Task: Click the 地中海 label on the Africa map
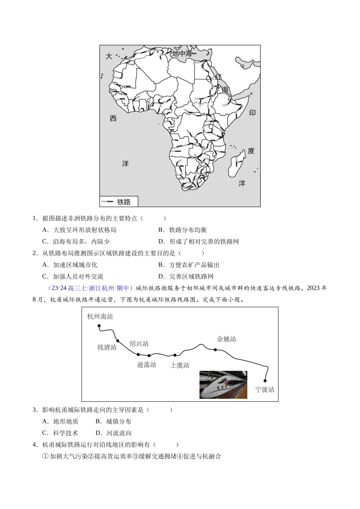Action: click(x=182, y=54)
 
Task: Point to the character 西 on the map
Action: click(x=113, y=119)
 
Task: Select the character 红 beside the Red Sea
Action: click(x=218, y=77)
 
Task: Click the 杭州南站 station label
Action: click(x=100, y=317)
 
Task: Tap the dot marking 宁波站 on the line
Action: click(x=265, y=381)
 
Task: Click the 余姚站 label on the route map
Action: click(x=226, y=339)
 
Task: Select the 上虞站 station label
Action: click(x=180, y=365)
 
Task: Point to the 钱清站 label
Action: click(x=107, y=347)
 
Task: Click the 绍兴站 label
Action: click(x=139, y=343)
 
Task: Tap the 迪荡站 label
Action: click(x=147, y=365)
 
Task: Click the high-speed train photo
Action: click(x=223, y=384)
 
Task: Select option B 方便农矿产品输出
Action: click(x=194, y=265)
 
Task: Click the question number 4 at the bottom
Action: click(x=34, y=445)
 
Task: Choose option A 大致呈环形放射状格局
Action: click(x=84, y=230)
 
